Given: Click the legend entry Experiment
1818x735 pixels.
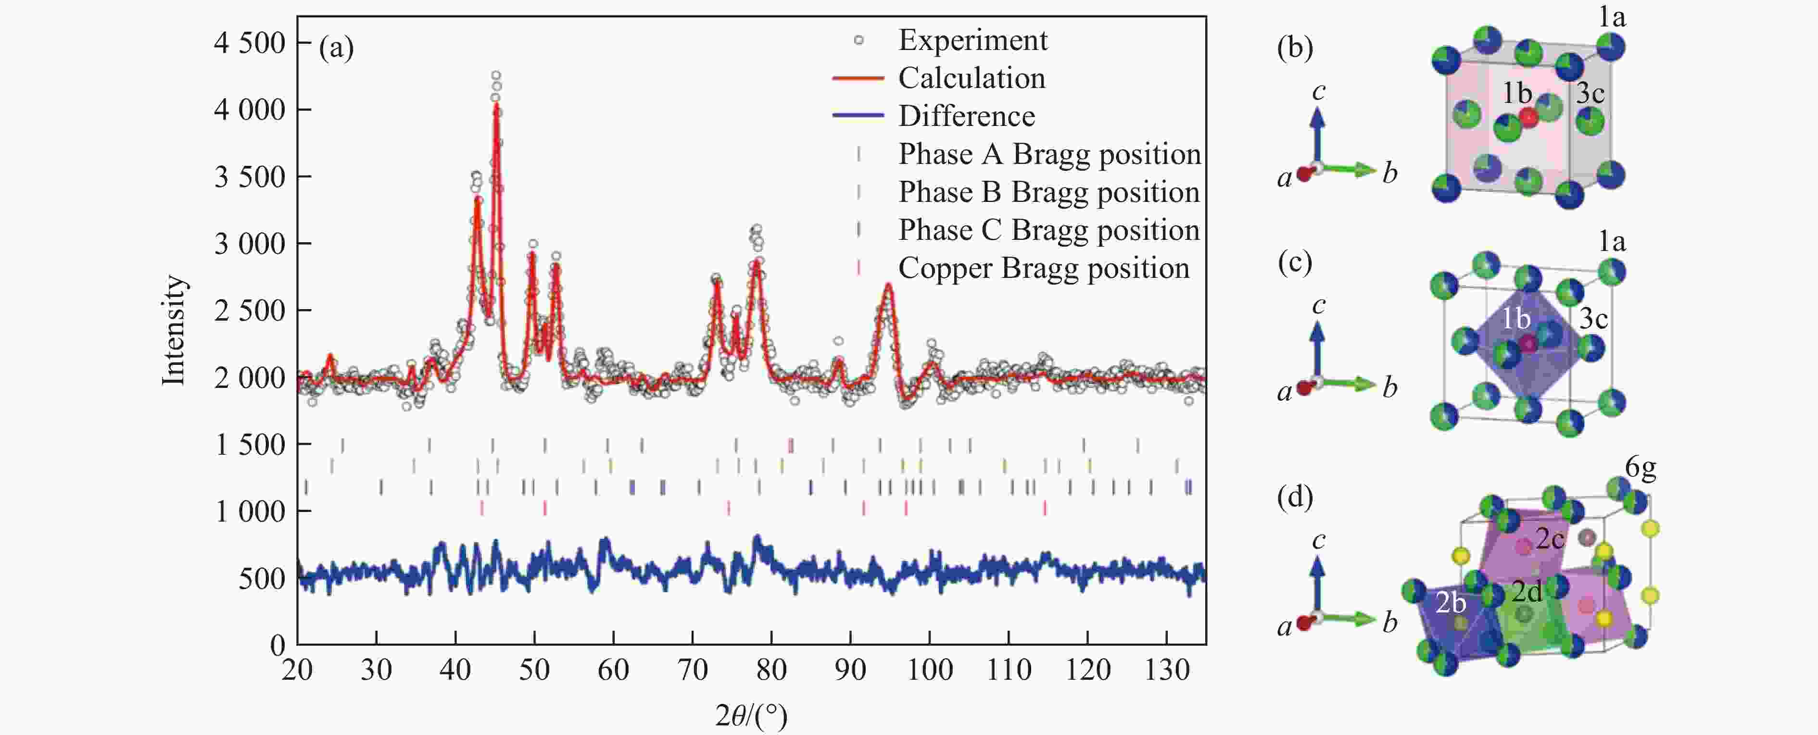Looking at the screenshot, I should coord(972,40).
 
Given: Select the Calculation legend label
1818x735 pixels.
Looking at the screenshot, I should coord(971,78).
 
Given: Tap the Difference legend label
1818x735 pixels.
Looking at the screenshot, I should coord(966,116).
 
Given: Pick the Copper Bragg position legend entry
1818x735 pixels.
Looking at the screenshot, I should coord(1043,269).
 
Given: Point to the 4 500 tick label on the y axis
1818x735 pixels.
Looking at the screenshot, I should coord(249,43).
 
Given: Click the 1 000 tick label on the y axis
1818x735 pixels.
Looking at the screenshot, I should coord(249,511).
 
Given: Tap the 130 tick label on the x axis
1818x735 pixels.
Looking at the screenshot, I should coord(1167,669).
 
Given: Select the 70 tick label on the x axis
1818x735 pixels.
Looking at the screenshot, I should coord(693,669).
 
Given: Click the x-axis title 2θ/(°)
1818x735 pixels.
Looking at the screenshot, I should coord(751,715).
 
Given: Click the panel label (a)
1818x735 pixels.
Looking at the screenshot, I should coord(336,48).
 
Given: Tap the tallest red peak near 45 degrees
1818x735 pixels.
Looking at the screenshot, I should coord(497,106).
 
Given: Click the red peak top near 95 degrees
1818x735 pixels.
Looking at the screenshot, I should coord(888,285).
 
